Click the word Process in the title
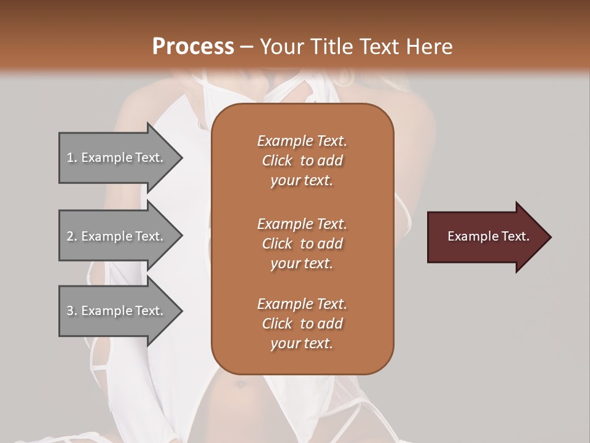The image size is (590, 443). [193, 47]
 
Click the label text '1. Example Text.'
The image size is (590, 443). [115, 158]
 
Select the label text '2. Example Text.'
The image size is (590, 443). [115, 236]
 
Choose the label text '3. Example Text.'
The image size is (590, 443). [115, 311]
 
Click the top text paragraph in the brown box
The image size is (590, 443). [302, 161]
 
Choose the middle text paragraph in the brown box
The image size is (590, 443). [302, 244]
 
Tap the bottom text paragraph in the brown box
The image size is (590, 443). [302, 324]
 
